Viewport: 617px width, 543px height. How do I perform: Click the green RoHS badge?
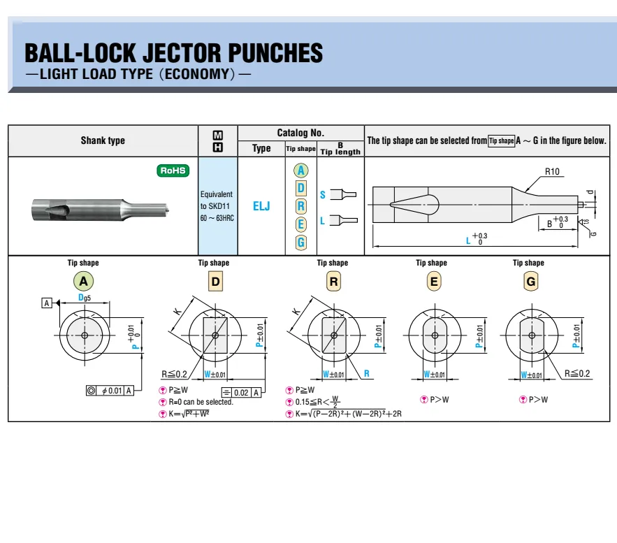[x=173, y=171]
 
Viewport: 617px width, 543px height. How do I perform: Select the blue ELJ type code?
[x=261, y=205]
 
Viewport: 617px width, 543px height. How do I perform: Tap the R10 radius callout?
[x=552, y=171]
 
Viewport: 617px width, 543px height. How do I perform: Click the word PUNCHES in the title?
[x=275, y=52]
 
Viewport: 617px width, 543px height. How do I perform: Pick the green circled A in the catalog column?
[x=301, y=171]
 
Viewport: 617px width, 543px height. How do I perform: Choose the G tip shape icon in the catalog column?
[x=301, y=242]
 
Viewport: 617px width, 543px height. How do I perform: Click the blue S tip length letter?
[x=323, y=195]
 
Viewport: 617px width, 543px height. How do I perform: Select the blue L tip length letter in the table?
[x=322, y=221]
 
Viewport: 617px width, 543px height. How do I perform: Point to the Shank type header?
[x=103, y=140]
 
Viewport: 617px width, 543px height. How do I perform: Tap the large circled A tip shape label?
[x=83, y=282]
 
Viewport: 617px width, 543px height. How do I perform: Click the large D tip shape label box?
[x=215, y=282]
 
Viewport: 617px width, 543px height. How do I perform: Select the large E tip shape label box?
[x=434, y=282]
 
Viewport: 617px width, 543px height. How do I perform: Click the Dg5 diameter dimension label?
[x=85, y=298]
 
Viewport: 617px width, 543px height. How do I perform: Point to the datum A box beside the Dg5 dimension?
[x=47, y=303]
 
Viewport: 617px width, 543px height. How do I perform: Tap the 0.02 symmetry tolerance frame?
[x=242, y=392]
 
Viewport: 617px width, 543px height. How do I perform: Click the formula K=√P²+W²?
[x=189, y=414]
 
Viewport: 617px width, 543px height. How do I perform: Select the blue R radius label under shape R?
[x=366, y=373]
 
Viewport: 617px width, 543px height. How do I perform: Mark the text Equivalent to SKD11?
[x=216, y=200]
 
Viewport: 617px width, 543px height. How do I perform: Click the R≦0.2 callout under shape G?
[x=577, y=373]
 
